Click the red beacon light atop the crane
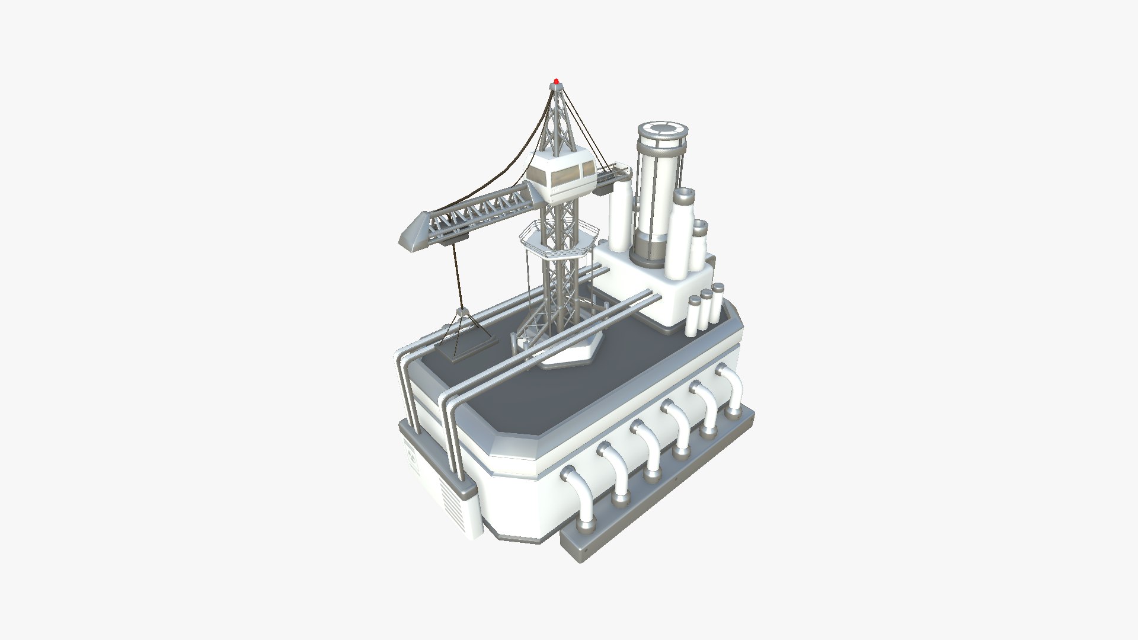pyautogui.click(x=556, y=81)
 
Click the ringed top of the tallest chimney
pyautogui.click(x=663, y=132)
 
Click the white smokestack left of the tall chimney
pyautogui.click(x=621, y=216)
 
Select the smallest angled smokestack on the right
pyautogui.click(x=699, y=243)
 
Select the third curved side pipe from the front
pyautogui.click(x=648, y=447)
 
